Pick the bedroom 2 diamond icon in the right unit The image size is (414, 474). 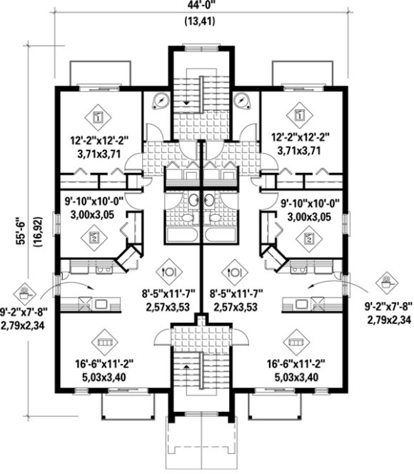pyautogui.click(x=308, y=238)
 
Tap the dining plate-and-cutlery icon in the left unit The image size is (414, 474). pyautogui.click(x=168, y=271)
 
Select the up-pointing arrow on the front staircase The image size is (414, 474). pyautogui.click(x=188, y=367)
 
